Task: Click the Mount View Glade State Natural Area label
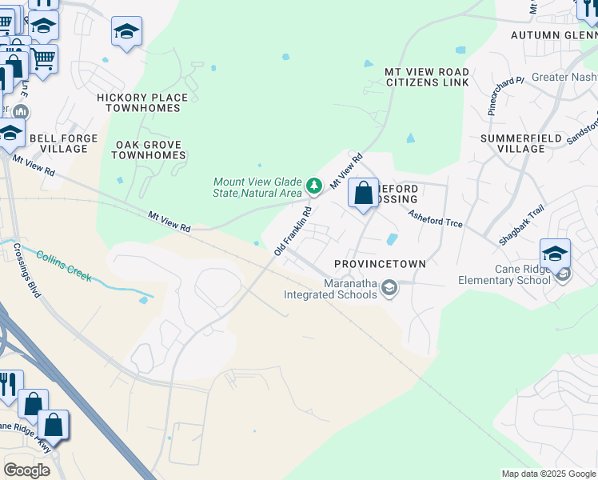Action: (257, 187)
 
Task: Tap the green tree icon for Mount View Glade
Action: (314, 186)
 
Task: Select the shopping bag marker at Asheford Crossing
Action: (363, 194)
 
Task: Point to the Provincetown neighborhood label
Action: (380, 263)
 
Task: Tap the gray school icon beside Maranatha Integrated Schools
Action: (389, 287)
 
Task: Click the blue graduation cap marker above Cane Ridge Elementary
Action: (555, 254)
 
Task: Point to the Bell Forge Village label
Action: (63, 143)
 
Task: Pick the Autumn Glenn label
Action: (553, 35)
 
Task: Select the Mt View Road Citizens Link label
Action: (427, 78)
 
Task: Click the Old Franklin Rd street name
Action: (292, 231)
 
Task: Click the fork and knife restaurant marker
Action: (10, 385)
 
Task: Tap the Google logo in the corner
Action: (26, 470)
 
